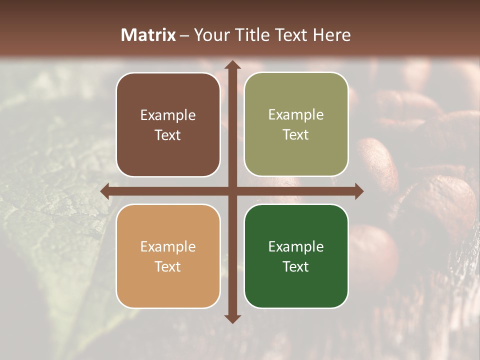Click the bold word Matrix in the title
click(x=148, y=35)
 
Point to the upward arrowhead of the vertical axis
click(x=232, y=65)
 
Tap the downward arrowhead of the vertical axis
click(x=232, y=318)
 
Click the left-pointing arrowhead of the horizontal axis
click(x=105, y=191)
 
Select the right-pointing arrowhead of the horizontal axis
click(x=358, y=191)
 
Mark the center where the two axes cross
click(x=232, y=191)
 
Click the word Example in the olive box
click(x=296, y=115)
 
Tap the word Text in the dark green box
click(x=296, y=266)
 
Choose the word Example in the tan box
click(x=168, y=246)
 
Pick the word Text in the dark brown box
click(x=168, y=135)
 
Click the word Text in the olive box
click(x=296, y=135)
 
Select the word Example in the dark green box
click(x=296, y=246)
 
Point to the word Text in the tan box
click(x=168, y=266)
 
